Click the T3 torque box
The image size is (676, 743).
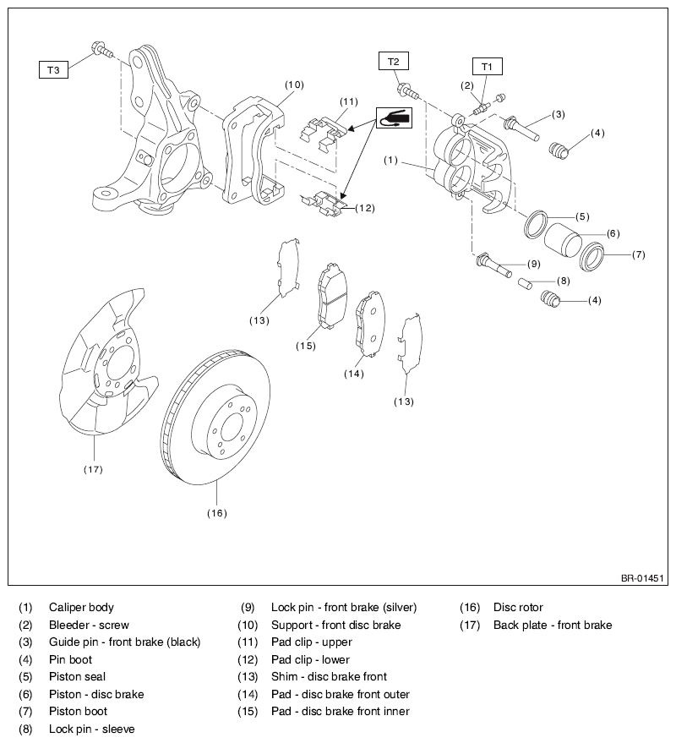(53, 69)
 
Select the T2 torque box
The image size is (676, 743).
(393, 61)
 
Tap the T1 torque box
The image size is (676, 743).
(487, 67)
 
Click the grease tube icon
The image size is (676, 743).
(394, 117)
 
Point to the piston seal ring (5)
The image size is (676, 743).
(537, 224)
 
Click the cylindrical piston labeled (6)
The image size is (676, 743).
(562, 238)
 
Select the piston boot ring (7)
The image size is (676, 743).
(592, 257)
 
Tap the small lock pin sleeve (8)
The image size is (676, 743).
(525, 283)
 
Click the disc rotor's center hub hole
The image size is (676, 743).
(232, 428)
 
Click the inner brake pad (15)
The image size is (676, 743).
(331, 295)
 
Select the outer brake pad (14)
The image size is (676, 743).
(370, 323)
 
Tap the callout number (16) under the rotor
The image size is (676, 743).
(217, 513)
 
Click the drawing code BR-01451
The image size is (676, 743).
(642, 578)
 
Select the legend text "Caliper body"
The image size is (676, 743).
(81, 608)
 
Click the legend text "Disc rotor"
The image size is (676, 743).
(518, 608)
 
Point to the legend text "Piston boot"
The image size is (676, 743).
(79, 711)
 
